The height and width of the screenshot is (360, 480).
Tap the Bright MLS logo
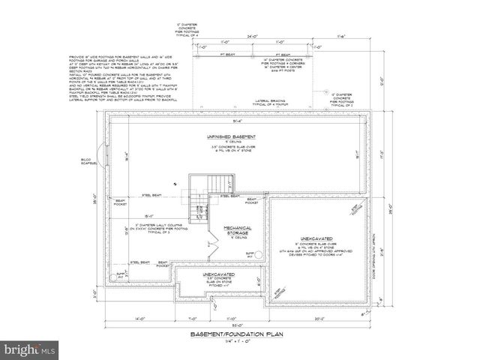[30, 349]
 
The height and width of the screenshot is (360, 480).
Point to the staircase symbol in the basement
[217, 183]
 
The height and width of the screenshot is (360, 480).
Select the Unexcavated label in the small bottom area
[217, 274]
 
